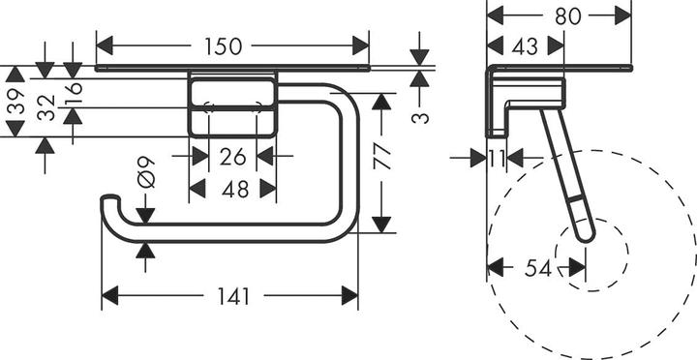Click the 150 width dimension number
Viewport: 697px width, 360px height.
coord(232,45)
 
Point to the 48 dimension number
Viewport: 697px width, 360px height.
coord(234,190)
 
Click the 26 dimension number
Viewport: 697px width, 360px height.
coord(233,155)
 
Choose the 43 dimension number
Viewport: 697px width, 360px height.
coord(525,45)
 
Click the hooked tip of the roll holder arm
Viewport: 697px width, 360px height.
coord(106,203)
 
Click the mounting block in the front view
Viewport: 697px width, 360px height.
coord(233,106)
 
